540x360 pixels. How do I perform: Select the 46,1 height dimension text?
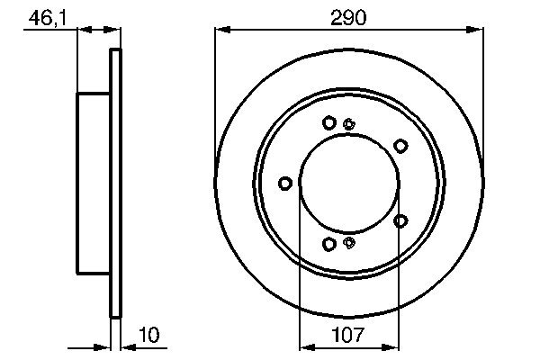point(47,17)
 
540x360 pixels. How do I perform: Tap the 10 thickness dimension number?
point(149,336)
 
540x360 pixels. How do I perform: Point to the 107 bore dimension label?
point(349,336)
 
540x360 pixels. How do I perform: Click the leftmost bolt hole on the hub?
point(285,184)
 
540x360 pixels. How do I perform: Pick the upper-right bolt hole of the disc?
point(400,144)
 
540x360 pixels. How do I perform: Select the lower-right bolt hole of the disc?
point(400,220)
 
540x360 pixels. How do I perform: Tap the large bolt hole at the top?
point(329,122)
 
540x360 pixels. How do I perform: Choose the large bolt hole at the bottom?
point(329,244)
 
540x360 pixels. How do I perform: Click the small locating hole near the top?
point(349,124)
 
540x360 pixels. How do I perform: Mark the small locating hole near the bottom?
point(350,241)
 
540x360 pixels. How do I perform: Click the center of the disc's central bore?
point(349,184)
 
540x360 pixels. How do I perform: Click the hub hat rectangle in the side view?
point(94,183)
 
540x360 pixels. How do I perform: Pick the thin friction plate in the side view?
point(114,183)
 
